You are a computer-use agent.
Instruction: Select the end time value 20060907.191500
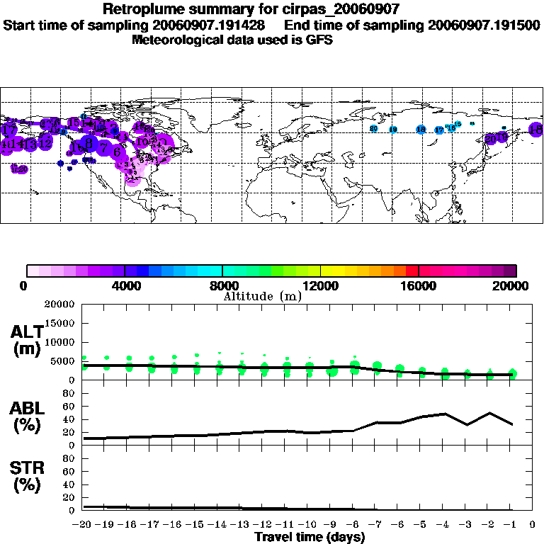click(484, 25)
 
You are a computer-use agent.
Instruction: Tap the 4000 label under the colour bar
click(124, 285)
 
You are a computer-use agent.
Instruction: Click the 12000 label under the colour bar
click(321, 285)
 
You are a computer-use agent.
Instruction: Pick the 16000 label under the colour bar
click(419, 285)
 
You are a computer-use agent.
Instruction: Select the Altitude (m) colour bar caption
click(262, 296)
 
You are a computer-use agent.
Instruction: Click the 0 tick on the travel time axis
click(533, 524)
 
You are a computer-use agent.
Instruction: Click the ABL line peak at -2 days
click(489, 413)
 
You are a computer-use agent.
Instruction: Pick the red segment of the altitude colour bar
click(412, 270)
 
